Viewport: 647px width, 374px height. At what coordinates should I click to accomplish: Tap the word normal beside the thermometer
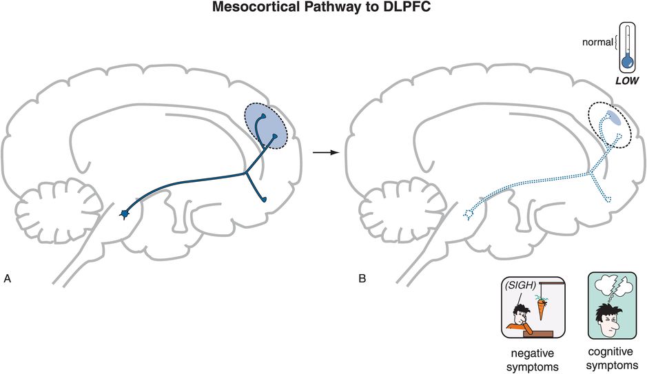596,42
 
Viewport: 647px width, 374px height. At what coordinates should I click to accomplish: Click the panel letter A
8,279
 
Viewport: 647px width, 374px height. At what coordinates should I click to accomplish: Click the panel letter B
362,279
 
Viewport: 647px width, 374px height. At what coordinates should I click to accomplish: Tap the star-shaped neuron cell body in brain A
125,214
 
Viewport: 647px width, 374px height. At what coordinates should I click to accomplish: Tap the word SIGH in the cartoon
517,284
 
